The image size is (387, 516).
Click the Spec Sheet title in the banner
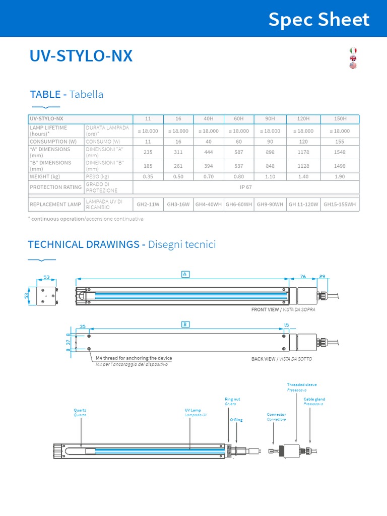pos(318,20)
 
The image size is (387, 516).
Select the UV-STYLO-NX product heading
pos(81,56)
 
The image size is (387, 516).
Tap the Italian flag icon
pos(353,50)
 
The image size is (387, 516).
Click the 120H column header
pos(303,119)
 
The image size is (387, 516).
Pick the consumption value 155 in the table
pos(341,142)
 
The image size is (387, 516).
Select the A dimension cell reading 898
pos(270,152)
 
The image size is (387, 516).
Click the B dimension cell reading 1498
pos(341,166)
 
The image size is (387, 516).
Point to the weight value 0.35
pos(148,177)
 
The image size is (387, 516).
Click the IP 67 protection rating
pos(246,187)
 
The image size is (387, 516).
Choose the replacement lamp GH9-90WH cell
pos(270,205)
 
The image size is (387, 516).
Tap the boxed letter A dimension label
pos(185,274)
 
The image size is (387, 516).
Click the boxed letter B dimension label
pos(185,325)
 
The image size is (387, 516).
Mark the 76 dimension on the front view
pos(303,276)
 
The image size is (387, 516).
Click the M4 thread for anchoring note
pos(134,358)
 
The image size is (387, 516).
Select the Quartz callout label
pos(80,410)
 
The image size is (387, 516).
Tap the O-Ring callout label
pos(236,420)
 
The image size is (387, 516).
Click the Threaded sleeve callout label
pos(301,384)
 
